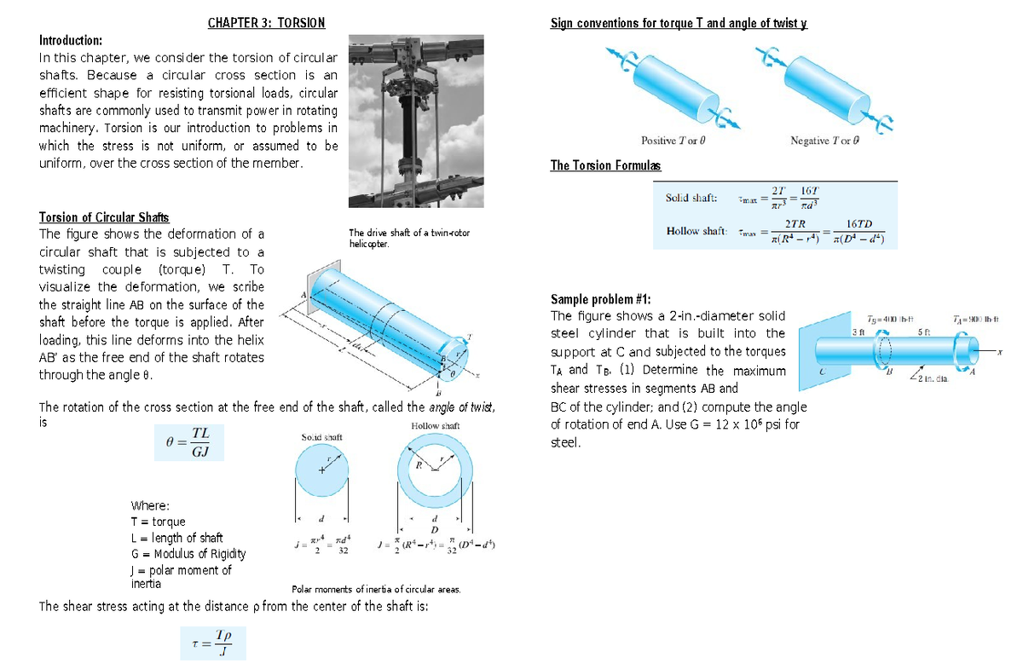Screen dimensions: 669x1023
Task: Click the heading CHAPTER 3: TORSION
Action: coord(266,23)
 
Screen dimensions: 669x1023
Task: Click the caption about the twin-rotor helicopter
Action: coord(408,238)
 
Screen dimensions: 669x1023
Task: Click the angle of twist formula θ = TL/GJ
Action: coord(189,442)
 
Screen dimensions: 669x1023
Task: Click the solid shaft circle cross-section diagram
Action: coord(322,472)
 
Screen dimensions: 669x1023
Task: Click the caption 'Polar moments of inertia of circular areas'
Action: coord(376,589)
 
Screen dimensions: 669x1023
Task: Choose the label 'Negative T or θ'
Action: coord(823,141)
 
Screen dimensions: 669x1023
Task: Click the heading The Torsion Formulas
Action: coord(605,165)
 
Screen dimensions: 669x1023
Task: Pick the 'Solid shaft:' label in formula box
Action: coord(691,198)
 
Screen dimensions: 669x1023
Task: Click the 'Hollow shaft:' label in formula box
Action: coord(696,232)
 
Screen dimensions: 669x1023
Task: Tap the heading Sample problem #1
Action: coord(601,298)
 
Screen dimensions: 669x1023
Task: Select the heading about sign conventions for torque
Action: coord(679,23)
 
